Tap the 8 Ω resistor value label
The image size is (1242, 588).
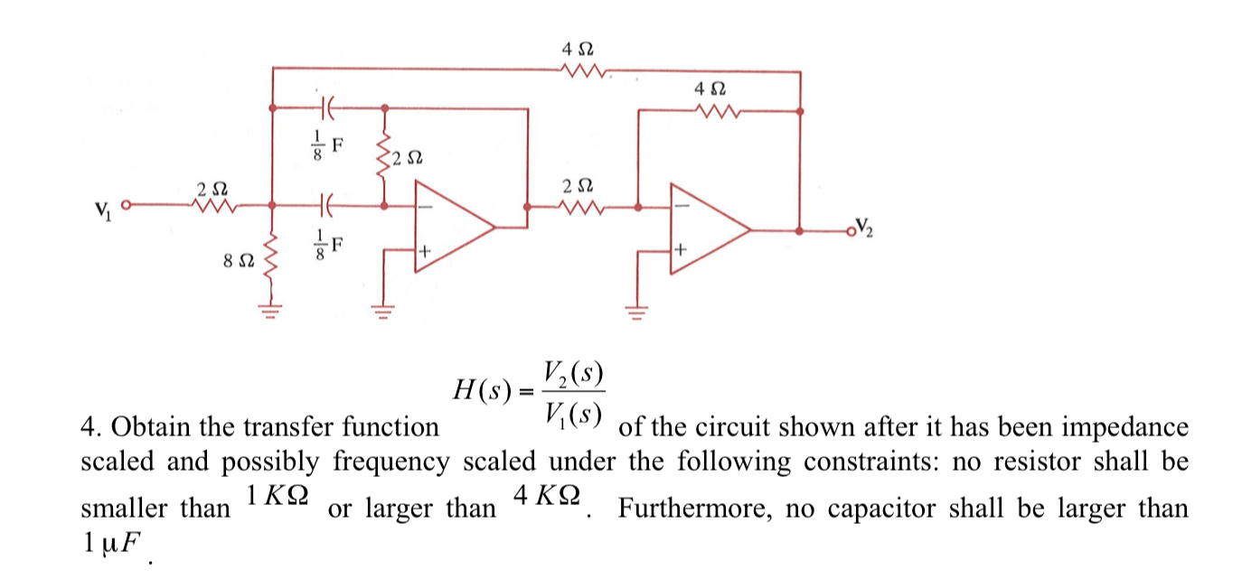coord(237,260)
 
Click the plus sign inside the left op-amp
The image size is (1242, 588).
coord(421,249)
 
